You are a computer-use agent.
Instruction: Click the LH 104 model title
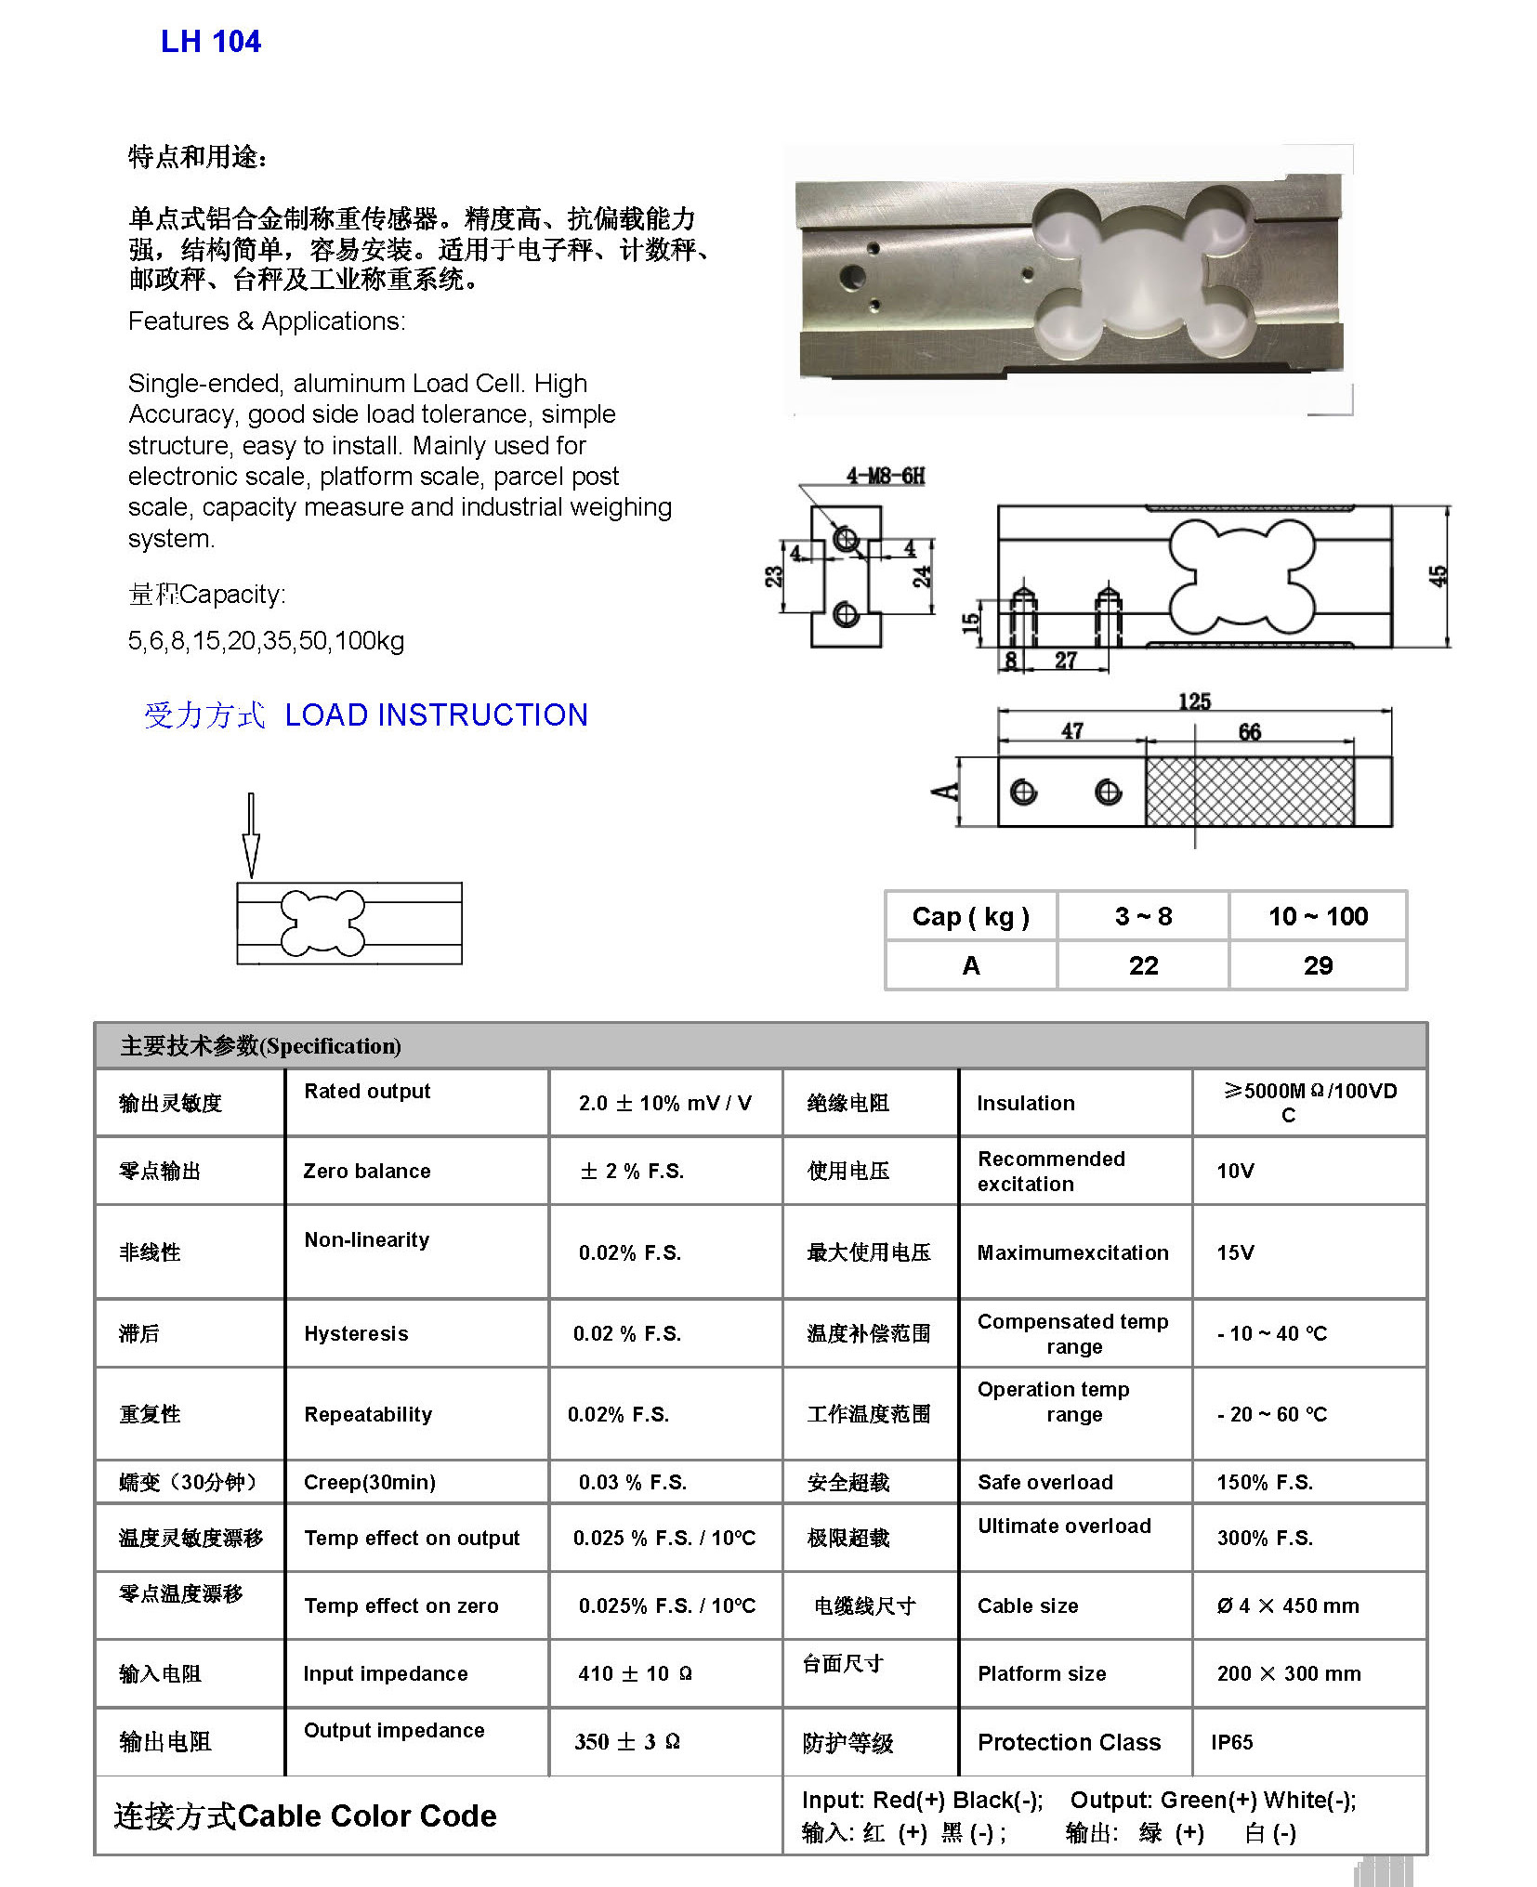(211, 42)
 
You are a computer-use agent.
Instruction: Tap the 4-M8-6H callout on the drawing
(885, 477)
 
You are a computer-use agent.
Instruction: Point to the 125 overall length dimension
(1194, 701)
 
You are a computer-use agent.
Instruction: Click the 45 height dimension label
(1437, 576)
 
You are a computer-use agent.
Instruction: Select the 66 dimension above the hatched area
(1249, 732)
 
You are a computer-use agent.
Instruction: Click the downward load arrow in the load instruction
(250, 836)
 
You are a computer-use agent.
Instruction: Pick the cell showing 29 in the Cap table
(1317, 965)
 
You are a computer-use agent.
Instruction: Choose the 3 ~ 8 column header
(1143, 916)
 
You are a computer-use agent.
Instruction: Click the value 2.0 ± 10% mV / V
(664, 1103)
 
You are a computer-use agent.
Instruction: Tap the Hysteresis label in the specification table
(356, 1333)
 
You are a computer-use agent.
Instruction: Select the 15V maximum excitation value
(1235, 1252)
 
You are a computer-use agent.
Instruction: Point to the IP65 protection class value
(1231, 1742)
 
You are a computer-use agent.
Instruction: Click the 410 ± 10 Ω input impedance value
(635, 1673)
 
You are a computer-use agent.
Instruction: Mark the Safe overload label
(1044, 1482)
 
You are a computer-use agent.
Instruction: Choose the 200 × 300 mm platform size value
(1288, 1673)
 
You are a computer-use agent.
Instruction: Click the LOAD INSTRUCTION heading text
(436, 714)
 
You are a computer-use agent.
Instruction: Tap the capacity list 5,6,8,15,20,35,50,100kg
(266, 640)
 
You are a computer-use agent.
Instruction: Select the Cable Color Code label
(366, 1815)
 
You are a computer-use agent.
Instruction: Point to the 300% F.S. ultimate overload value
(1264, 1538)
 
